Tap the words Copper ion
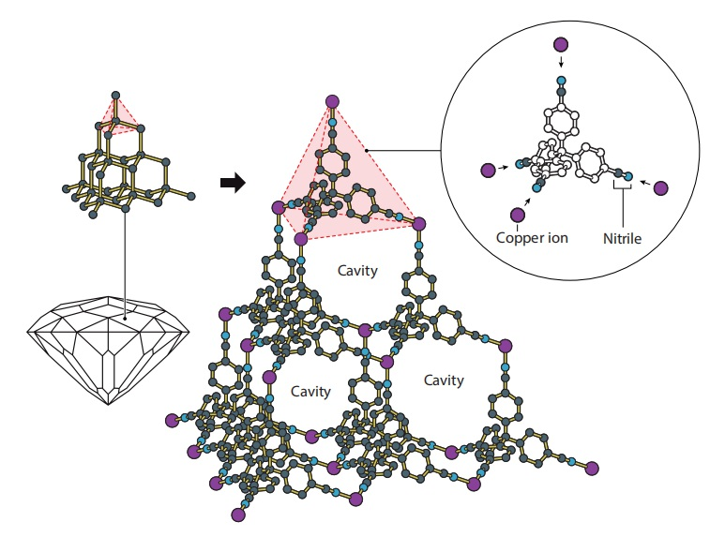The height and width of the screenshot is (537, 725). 533,237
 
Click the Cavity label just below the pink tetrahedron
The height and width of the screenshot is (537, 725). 356,271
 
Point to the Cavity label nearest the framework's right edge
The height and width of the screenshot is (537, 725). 443,380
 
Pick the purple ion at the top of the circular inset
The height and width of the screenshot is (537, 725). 561,43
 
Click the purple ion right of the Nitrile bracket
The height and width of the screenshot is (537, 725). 660,187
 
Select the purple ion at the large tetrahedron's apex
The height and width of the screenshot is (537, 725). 331,101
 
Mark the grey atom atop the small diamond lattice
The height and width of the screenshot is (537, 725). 114,95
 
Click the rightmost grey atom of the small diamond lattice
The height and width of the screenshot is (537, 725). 192,195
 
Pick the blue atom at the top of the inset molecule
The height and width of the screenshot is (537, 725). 561,81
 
